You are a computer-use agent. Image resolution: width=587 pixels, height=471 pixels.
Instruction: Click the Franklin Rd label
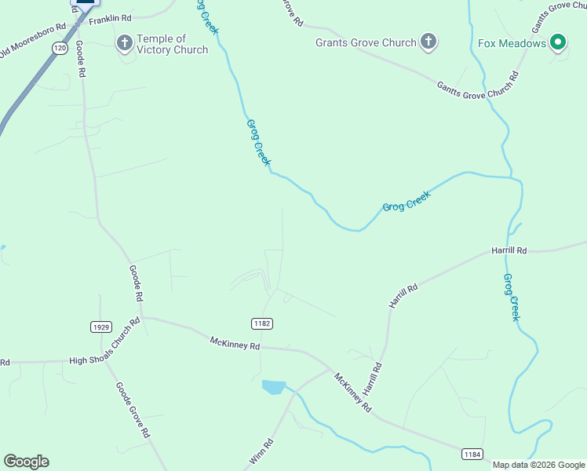click(x=110, y=17)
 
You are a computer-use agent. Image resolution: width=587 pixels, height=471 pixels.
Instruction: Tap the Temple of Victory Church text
click(x=173, y=44)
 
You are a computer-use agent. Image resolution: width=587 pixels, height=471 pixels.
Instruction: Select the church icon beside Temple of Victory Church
click(x=125, y=42)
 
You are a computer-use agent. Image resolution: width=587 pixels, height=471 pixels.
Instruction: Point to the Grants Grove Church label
click(x=366, y=42)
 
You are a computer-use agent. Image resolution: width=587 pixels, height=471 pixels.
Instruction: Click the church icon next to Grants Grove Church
click(x=428, y=42)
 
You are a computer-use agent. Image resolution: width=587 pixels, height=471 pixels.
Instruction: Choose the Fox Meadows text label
click(x=512, y=43)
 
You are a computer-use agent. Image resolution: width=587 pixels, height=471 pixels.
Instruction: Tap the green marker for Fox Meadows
click(x=558, y=42)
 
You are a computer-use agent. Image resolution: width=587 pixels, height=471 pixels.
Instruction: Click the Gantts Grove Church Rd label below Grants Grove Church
click(x=477, y=84)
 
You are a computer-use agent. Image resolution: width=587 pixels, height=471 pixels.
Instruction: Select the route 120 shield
click(x=60, y=49)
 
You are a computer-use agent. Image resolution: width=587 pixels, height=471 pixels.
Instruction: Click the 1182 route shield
click(x=262, y=323)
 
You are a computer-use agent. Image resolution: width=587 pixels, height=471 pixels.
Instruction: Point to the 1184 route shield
click(x=472, y=454)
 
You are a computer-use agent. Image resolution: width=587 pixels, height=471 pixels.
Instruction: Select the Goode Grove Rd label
click(x=133, y=410)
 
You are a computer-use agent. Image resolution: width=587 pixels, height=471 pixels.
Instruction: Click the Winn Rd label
click(x=261, y=453)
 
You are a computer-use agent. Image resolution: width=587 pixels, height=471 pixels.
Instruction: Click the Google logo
click(x=26, y=462)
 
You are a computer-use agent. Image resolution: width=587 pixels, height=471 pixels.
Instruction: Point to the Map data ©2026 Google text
click(x=539, y=465)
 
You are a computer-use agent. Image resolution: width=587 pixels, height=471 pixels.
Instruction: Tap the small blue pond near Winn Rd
click(x=273, y=386)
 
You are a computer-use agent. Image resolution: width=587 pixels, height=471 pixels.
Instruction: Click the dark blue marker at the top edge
click(x=85, y=2)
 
